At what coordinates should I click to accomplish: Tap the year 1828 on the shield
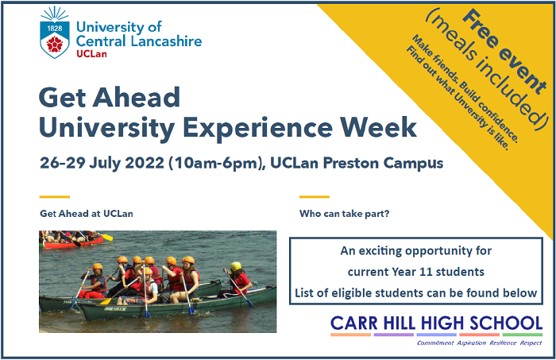(x=55, y=28)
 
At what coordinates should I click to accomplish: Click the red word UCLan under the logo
(x=91, y=54)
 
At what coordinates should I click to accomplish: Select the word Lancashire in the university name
(x=165, y=41)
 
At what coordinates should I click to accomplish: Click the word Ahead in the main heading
(x=137, y=97)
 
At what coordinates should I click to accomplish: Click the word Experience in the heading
(x=257, y=129)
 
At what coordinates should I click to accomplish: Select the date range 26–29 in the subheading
(x=63, y=163)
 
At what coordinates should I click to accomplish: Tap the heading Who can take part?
(x=344, y=214)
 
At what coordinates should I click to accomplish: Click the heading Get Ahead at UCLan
(x=87, y=214)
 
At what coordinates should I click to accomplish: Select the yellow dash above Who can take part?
(x=315, y=196)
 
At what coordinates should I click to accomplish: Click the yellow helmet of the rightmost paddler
(x=236, y=266)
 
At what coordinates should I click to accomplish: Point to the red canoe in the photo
(x=73, y=242)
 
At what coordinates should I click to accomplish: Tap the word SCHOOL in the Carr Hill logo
(x=506, y=323)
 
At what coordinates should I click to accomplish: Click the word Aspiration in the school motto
(x=471, y=343)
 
